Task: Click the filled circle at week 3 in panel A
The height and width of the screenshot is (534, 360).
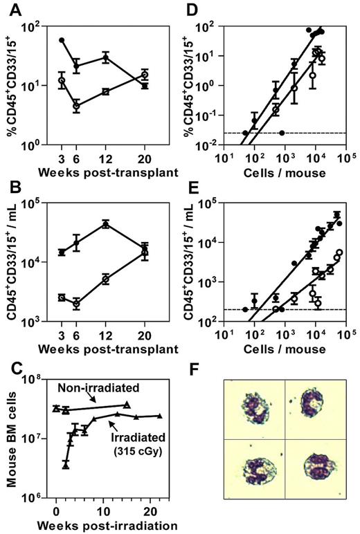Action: pyautogui.click(x=63, y=40)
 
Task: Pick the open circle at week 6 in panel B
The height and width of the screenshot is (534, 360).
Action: pyautogui.click(x=76, y=303)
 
